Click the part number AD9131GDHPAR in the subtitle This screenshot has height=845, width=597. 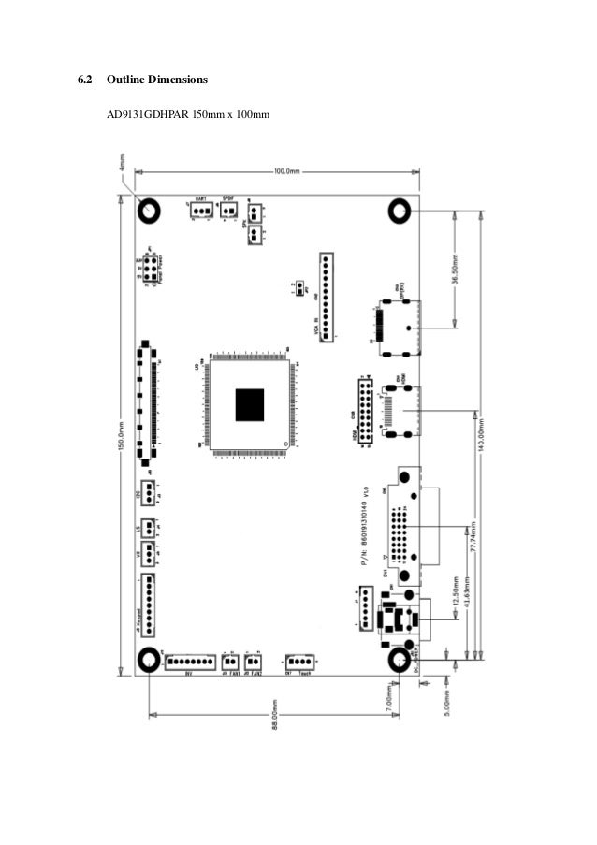tap(148, 114)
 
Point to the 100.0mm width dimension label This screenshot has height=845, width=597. tap(286, 171)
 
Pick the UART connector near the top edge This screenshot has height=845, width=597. tap(200, 211)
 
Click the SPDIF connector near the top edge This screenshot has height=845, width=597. tap(228, 211)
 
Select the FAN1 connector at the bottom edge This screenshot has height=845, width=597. tap(229, 662)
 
